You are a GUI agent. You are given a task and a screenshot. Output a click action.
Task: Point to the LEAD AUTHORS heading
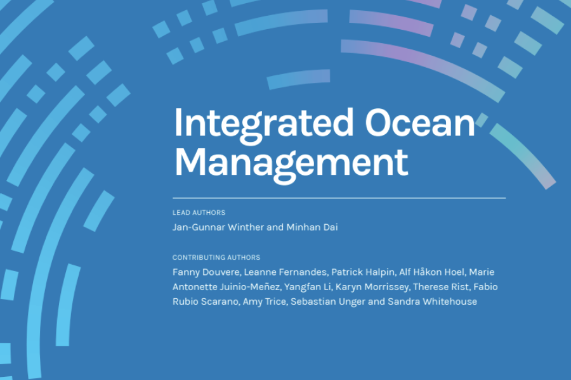pos(199,213)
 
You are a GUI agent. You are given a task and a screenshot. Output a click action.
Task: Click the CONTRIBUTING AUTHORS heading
pos(216,258)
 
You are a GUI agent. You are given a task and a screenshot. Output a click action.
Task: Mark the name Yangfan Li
pos(306,287)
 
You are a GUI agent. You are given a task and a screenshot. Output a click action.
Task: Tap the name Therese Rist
pos(439,287)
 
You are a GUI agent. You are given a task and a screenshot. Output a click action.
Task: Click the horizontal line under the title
pos(339,198)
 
